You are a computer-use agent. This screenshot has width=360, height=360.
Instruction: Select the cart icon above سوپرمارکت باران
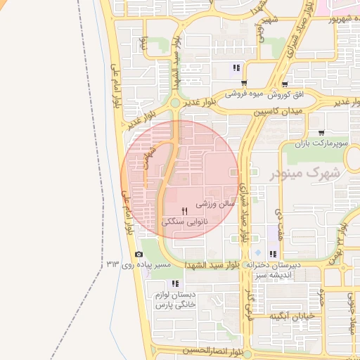click(321, 132)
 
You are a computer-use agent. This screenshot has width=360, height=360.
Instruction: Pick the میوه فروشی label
click(243, 94)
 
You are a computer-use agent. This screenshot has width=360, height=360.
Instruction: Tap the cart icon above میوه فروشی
click(244, 82)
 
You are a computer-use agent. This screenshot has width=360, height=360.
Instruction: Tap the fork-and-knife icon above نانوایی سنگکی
click(184, 210)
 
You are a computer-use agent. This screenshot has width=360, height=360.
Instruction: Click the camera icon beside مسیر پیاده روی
click(139, 254)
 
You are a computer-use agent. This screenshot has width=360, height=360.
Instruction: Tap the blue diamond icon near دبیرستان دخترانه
click(257, 253)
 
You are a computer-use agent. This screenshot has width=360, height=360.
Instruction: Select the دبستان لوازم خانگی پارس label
click(174, 300)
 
